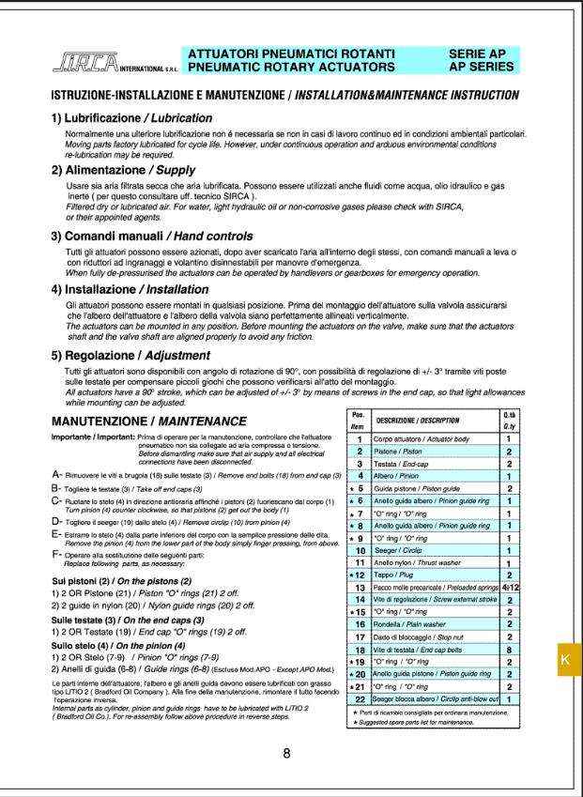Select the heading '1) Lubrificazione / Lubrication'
tap(131, 118)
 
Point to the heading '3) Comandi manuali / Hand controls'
tap(146, 235)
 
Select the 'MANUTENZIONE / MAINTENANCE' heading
tap(149, 420)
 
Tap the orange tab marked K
tap(565, 659)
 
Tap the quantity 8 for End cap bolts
tap(509, 649)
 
